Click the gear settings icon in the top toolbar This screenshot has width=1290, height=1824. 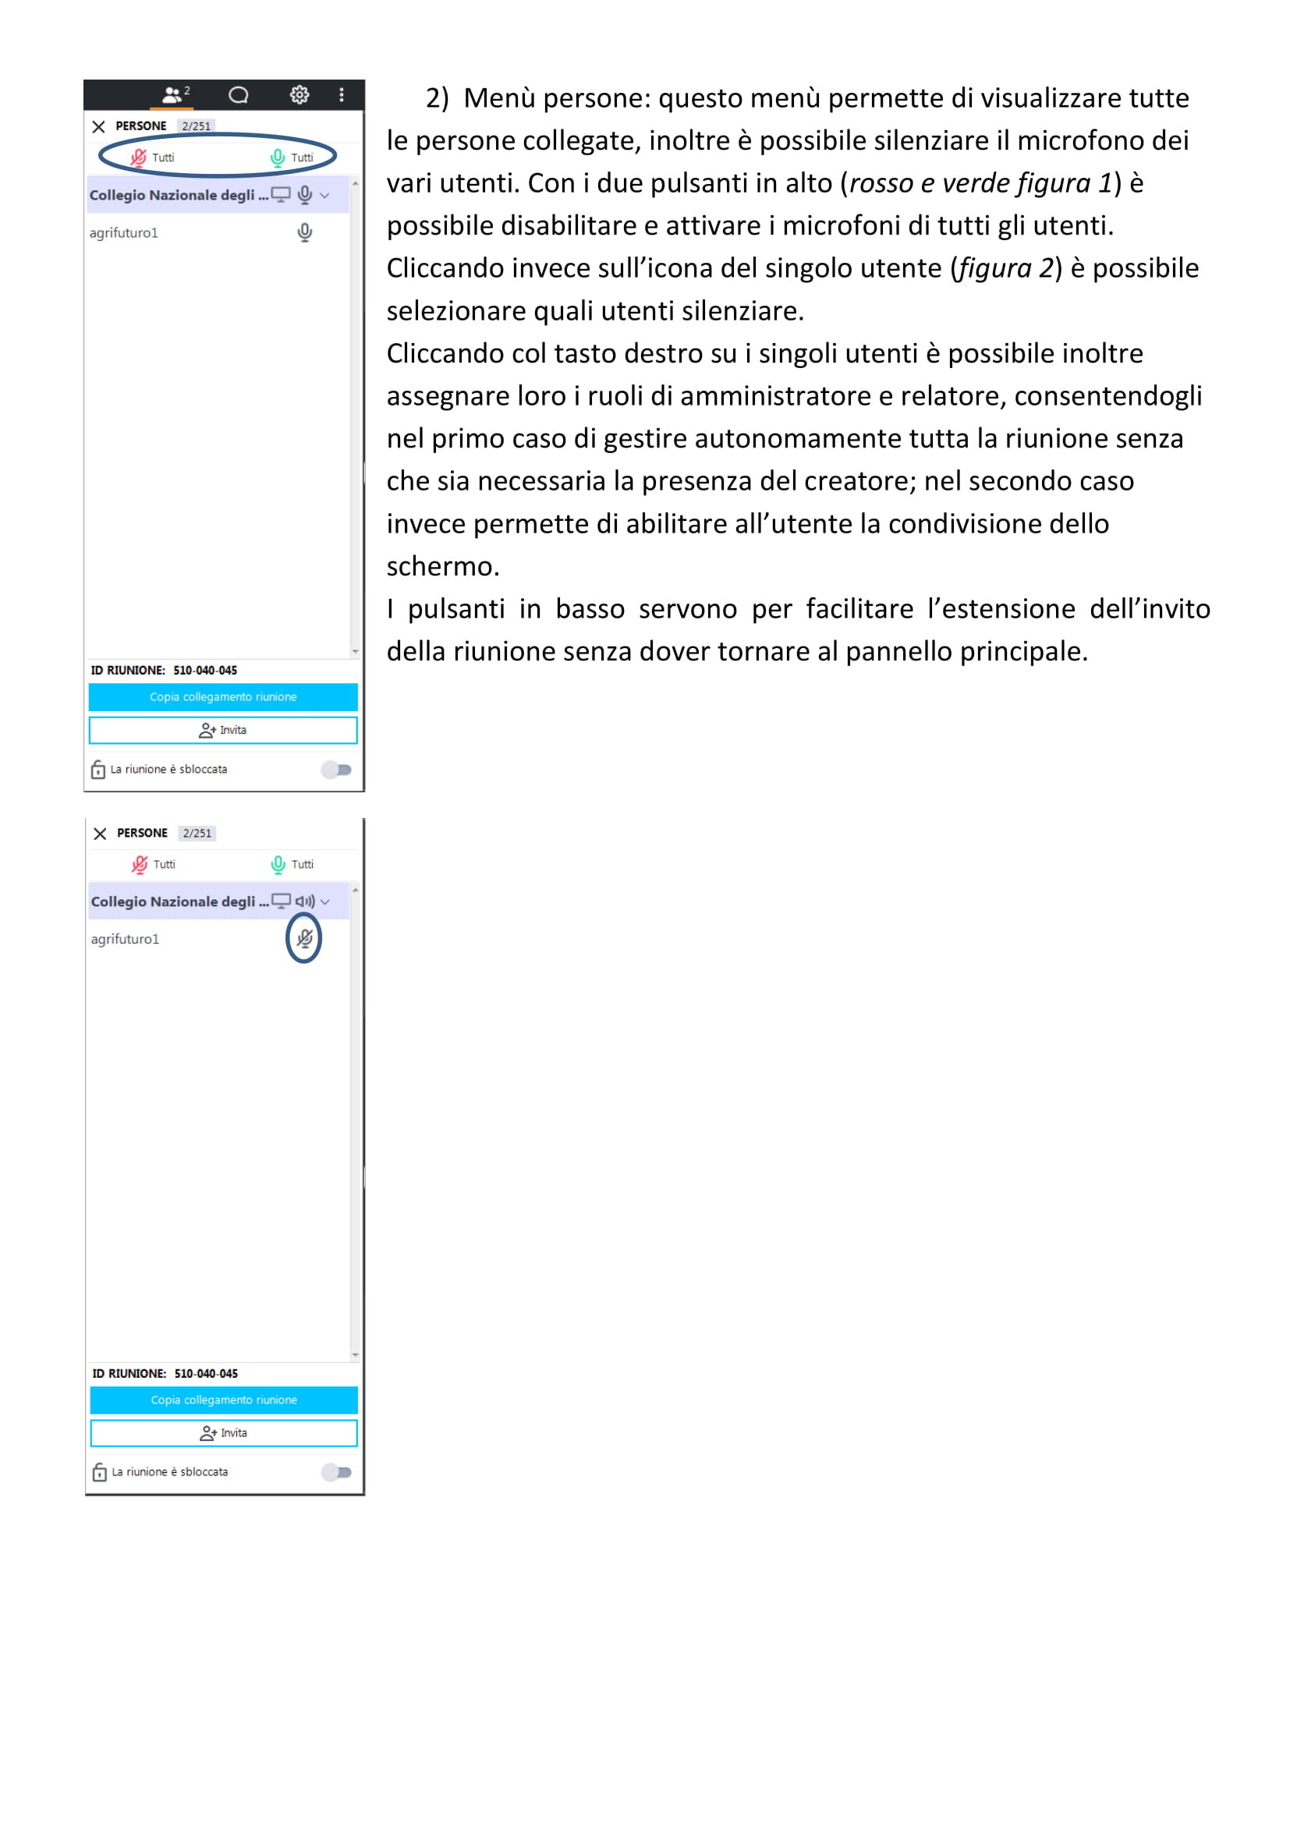point(299,95)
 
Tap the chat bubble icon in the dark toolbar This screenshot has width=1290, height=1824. point(239,95)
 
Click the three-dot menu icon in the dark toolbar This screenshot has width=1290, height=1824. point(342,95)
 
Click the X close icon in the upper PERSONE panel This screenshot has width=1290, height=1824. point(98,126)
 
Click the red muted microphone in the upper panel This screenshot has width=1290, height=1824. point(139,158)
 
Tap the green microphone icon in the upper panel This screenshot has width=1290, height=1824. point(277,158)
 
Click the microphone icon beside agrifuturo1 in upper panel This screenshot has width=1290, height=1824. point(304,232)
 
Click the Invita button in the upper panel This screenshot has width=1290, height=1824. point(223,730)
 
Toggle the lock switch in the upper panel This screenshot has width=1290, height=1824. point(337,769)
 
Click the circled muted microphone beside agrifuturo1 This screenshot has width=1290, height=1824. point(304,938)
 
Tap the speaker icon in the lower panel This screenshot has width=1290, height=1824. point(305,901)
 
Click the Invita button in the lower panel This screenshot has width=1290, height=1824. point(224,1433)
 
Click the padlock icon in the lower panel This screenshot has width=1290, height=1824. point(99,1472)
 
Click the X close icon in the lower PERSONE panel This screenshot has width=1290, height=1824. point(100,834)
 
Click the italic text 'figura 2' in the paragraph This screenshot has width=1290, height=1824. point(1005,268)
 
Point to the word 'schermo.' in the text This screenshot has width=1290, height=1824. point(443,566)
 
